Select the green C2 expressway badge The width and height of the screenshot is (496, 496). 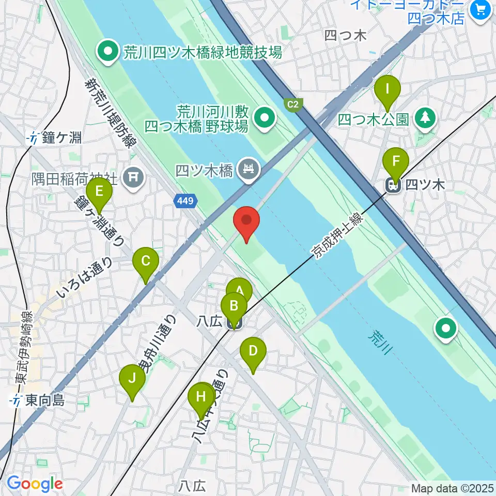click(293, 105)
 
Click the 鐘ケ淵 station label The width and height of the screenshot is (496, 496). click(56, 138)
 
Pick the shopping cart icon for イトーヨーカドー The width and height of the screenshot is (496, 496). click(481, 8)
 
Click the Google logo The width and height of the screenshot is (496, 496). click(35, 484)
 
